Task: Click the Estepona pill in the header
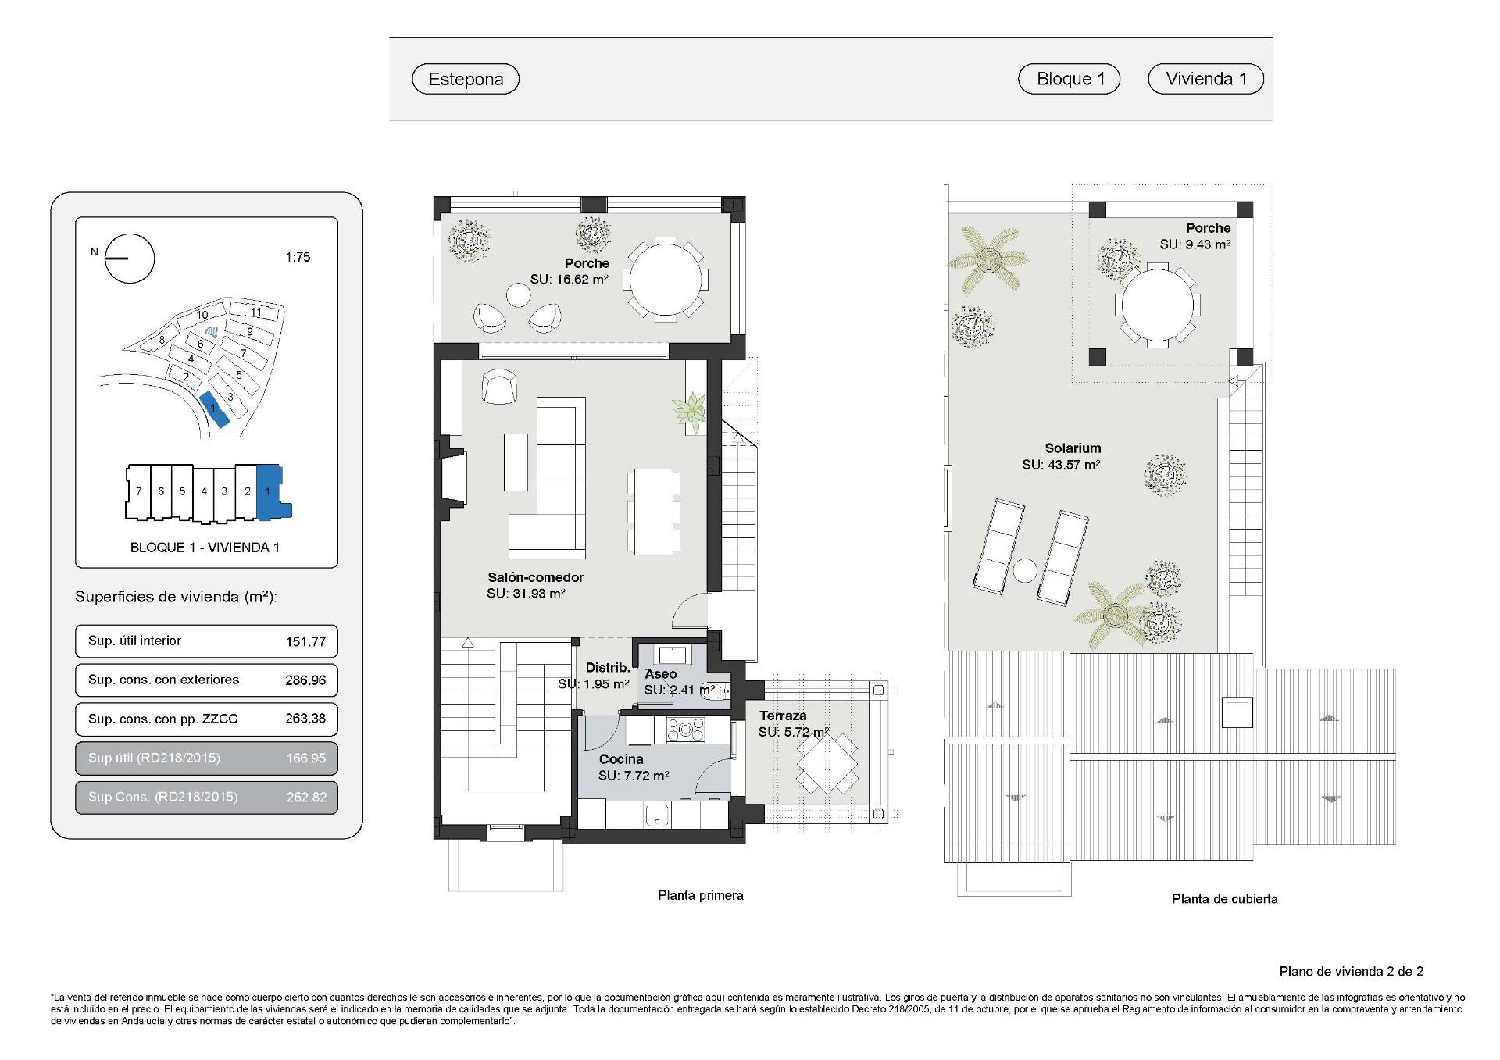pyautogui.click(x=466, y=79)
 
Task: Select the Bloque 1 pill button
pyautogui.click(x=1070, y=79)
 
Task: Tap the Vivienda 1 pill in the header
pyautogui.click(x=1205, y=79)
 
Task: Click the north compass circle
pyautogui.click(x=130, y=259)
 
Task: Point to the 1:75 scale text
pyautogui.click(x=298, y=257)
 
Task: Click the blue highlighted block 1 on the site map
pyautogui.click(x=214, y=410)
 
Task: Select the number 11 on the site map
pyautogui.click(x=256, y=312)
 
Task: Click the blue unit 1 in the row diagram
pyautogui.click(x=269, y=491)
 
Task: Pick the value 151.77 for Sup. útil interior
pyautogui.click(x=305, y=641)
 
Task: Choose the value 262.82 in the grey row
pyautogui.click(x=305, y=798)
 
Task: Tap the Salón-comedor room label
pyautogui.click(x=535, y=577)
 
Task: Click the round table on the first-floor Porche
pyautogui.click(x=666, y=278)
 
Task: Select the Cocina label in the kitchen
pyautogui.click(x=621, y=758)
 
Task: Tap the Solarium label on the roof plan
pyautogui.click(x=1073, y=448)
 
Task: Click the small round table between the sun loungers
pyautogui.click(x=1026, y=571)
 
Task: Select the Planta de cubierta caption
pyautogui.click(x=1224, y=899)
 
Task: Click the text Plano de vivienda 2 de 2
pyautogui.click(x=1351, y=972)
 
